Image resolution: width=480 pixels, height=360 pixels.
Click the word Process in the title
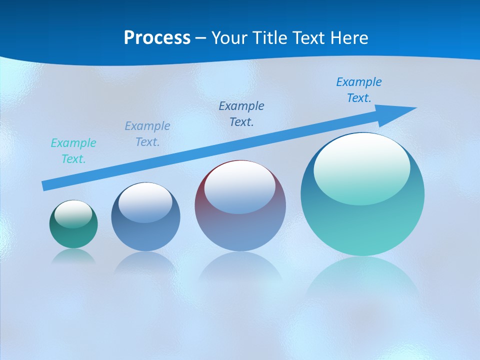pos(157,38)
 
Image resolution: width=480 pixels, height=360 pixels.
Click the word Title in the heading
pos(273,38)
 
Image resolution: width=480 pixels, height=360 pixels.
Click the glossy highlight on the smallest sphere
pos(73,213)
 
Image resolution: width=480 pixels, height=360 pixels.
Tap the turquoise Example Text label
pos(73,151)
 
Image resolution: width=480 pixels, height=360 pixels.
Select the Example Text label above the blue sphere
pos(147,134)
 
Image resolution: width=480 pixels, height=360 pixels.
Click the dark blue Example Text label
pos(241,113)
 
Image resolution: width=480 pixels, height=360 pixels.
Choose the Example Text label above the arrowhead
pos(359,90)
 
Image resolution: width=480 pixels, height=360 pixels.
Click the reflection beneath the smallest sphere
pos(73,256)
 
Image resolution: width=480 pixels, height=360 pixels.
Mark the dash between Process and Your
pos(201,38)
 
